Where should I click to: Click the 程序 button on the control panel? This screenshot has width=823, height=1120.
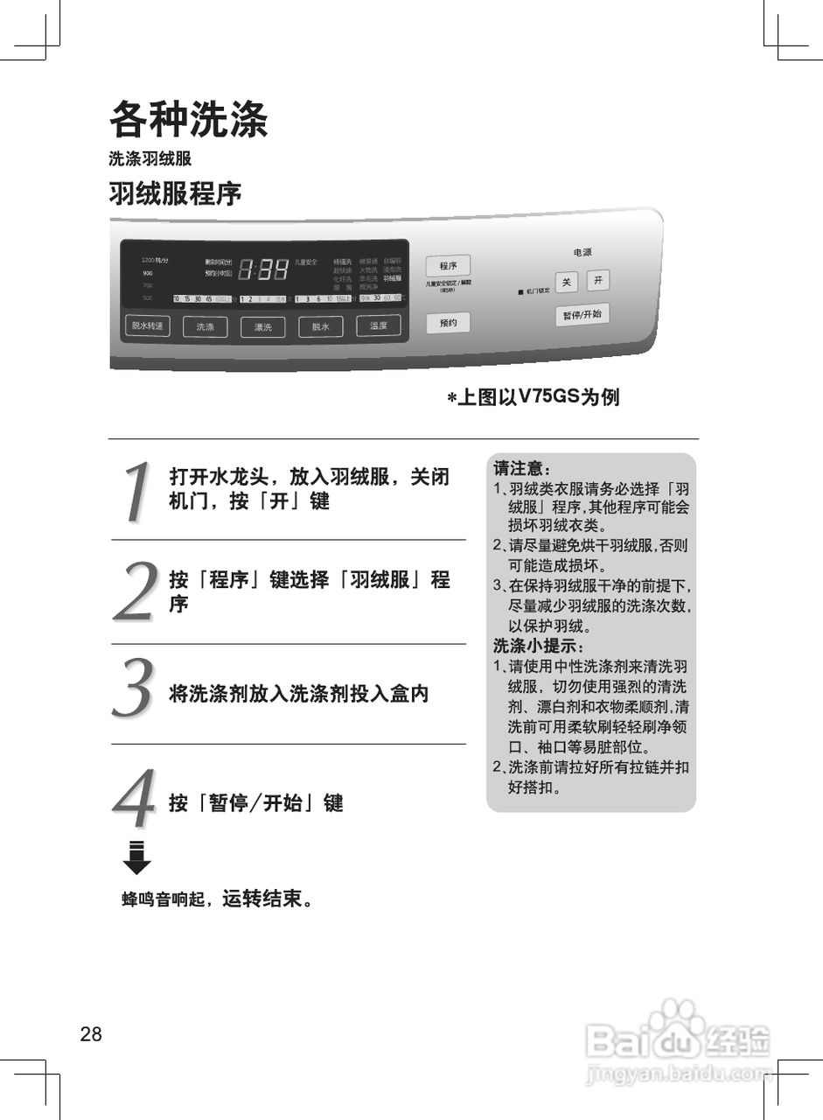point(448,266)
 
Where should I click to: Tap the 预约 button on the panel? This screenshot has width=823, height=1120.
point(448,323)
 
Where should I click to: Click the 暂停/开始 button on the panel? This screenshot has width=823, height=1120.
point(582,314)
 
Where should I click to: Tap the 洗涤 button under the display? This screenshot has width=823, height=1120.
point(205,326)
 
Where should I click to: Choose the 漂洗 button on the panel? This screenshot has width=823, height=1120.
point(263,326)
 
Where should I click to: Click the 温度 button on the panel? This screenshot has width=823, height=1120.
point(378,325)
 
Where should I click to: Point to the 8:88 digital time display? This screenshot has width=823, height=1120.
point(263,269)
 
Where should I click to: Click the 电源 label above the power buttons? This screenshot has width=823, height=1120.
point(582,252)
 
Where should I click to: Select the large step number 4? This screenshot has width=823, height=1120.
point(135,798)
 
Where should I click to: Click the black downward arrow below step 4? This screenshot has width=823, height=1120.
point(136,857)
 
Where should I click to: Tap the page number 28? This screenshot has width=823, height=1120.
point(91,1034)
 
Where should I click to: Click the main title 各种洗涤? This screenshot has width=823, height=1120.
point(188,120)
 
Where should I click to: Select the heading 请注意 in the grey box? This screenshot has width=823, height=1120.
point(522,468)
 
